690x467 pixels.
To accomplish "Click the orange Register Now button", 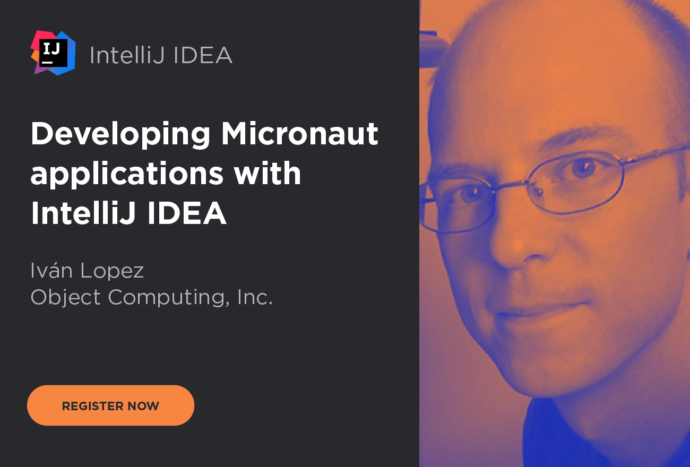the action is click(110, 405).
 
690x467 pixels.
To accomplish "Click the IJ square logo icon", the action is click(53, 53).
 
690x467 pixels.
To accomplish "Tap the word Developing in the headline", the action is click(120, 134).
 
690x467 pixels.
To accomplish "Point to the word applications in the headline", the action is click(127, 175).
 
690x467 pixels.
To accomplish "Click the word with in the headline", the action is click(267, 173).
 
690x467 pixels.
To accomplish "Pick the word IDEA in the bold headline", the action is click(187, 213).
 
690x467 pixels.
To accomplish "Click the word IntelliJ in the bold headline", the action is click(83, 213).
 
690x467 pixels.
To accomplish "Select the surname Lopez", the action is click(112, 271).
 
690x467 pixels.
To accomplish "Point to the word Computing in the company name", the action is click(169, 298).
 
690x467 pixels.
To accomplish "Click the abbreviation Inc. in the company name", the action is click(255, 297).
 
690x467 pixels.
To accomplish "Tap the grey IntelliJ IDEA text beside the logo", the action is click(161, 55).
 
